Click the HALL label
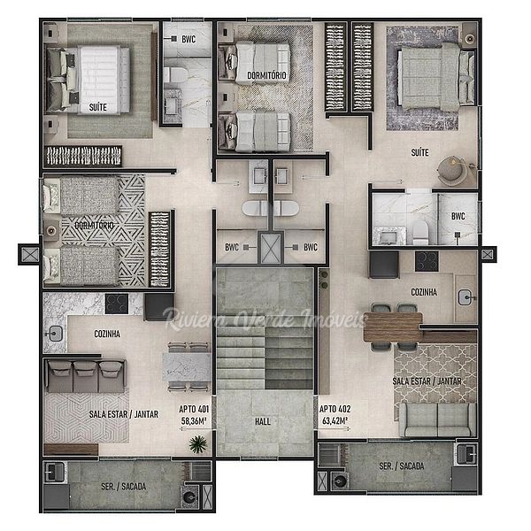coord(263,421)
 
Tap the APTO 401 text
coord(194,409)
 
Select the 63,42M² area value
coord(335,421)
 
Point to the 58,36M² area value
coord(194,421)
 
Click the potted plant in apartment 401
coord(197,444)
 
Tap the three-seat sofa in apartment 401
coord(86,376)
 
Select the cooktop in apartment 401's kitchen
coord(117,304)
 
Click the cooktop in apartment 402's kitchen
coord(427,261)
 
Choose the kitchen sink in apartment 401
coord(55,334)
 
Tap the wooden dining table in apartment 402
coord(393,327)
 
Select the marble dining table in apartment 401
coord(187,366)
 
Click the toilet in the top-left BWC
coord(175,75)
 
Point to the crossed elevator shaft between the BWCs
coord(270,248)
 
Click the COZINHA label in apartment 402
coord(424,292)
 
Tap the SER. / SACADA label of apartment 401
coord(123,487)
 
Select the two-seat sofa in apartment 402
coord(438,419)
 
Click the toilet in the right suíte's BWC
coord(420,233)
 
